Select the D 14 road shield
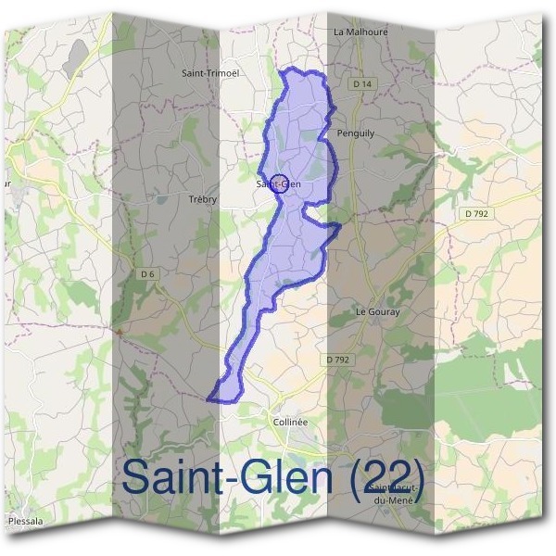click(x=362, y=84)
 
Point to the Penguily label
click(x=358, y=133)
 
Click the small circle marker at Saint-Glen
click(x=279, y=182)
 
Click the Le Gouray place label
click(x=378, y=312)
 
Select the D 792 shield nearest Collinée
click(x=338, y=359)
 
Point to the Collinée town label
click(x=290, y=421)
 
